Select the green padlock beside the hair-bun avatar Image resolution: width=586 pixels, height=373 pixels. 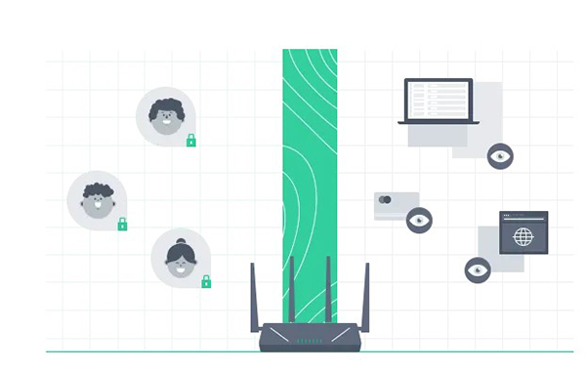point(206,282)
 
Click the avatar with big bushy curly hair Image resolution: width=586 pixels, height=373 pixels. point(165,116)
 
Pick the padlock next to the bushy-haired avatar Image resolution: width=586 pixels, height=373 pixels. point(191,141)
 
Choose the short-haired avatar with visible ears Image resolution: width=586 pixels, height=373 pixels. point(96,200)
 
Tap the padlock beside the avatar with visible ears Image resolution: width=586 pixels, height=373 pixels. point(122,225)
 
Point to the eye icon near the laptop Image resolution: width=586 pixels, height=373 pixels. point(500,155)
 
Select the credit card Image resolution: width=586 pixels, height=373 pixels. point(396,205)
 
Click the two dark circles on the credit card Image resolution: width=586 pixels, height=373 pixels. point(385,200)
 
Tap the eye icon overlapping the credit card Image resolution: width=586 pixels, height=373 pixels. point(419,220)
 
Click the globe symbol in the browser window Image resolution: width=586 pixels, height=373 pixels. point(523,236)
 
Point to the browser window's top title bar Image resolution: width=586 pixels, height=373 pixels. point(523,216)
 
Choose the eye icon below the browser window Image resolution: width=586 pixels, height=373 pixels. point(478,269)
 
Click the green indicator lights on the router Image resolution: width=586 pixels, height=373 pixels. point(309,341)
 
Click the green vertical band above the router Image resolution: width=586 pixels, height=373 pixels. point(310,146)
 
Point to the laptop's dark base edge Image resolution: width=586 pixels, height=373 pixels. point(439,121)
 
